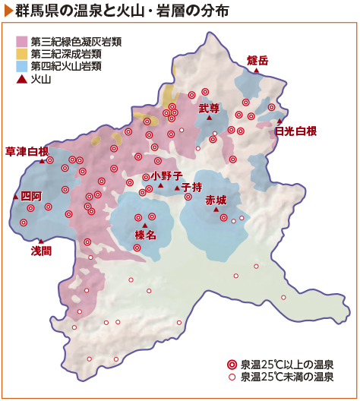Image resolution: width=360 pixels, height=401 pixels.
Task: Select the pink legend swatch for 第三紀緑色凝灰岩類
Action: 22,40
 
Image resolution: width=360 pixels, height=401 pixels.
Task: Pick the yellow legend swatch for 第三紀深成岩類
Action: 22,53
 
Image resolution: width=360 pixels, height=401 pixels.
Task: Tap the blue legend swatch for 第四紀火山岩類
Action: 22,66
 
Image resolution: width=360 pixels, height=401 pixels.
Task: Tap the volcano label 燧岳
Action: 258,60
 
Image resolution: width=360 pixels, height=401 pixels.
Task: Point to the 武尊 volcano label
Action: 209,109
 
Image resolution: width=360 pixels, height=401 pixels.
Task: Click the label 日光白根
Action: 295,131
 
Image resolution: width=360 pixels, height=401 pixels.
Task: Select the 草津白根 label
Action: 27,150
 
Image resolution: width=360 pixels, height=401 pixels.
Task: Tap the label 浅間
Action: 41,250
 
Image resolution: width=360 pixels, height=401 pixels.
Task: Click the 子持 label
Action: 191,187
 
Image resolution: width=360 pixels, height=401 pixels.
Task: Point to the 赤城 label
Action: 216,200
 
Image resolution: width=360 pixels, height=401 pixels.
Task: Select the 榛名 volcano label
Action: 145,235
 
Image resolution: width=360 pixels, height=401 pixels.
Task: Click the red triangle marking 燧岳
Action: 257,71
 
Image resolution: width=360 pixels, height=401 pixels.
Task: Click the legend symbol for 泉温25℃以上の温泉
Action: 232,364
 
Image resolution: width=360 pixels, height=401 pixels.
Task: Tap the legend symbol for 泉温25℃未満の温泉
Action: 232,376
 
